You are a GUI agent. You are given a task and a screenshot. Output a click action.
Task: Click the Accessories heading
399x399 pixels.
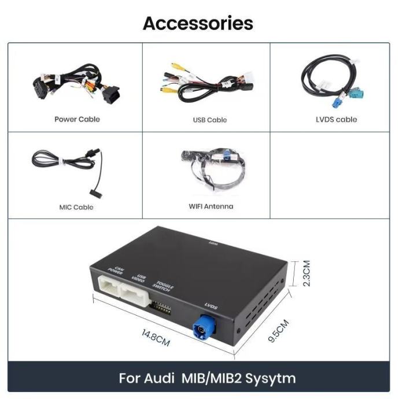[198, 23]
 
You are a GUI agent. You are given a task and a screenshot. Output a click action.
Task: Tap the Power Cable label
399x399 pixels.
[77, 119]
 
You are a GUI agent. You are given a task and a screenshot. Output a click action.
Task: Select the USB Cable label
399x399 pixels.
[209, 120]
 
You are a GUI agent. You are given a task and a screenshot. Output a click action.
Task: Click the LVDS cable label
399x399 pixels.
[336, 119]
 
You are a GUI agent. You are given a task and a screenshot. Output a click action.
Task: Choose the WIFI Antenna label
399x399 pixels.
[210, 206]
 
